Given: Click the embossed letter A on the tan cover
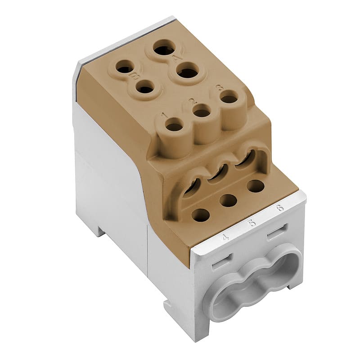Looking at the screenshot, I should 176,58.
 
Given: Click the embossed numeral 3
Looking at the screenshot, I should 220,87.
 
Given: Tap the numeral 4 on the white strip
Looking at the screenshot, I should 225,236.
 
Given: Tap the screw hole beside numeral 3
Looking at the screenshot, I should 229,97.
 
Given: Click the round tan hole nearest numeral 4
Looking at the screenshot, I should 201,215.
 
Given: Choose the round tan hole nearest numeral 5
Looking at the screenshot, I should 229,200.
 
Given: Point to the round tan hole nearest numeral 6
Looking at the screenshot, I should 256,186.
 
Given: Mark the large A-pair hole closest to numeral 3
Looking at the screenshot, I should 188,72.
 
